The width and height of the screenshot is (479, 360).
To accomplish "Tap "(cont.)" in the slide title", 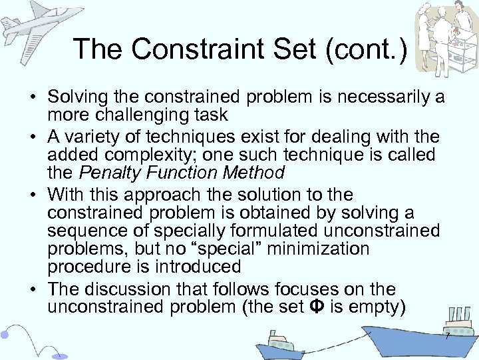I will [363, 49].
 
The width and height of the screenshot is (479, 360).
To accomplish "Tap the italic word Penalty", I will [110, 173].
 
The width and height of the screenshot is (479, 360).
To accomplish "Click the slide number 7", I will [446, 335].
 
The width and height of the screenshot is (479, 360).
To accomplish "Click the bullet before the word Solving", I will [33, 98].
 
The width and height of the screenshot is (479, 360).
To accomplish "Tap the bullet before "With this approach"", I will [33, 195].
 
